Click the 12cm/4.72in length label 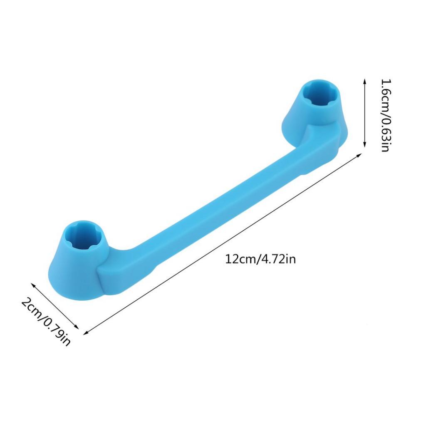pyautogui.click(x=260, y=259)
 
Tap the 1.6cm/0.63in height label pyautogui.click(x=386, y=115)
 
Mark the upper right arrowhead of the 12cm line pyautogui.click(x=359, y=155)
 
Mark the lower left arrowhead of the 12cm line pyautogui.click(x=86, y=332)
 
